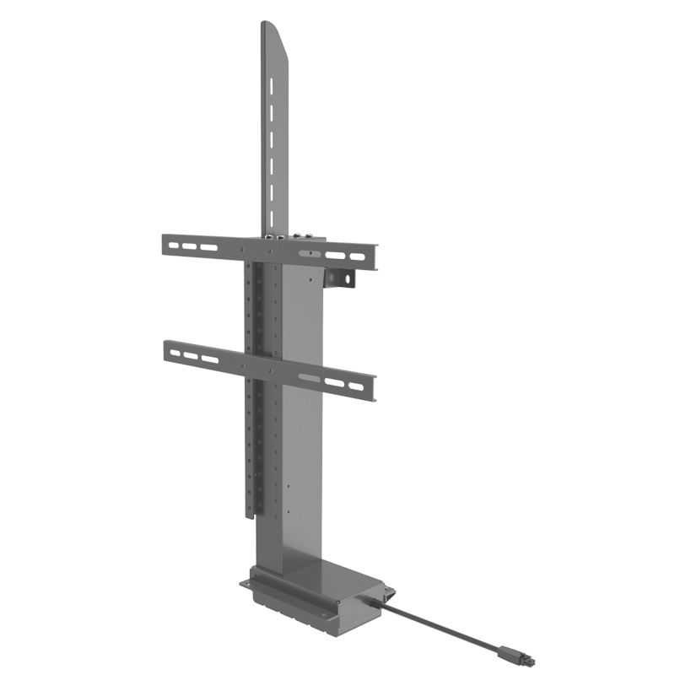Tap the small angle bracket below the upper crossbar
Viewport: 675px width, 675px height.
[343, 279]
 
